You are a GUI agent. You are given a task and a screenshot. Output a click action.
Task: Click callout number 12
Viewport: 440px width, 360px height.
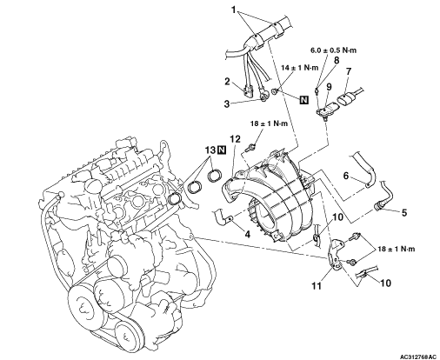(236, 139)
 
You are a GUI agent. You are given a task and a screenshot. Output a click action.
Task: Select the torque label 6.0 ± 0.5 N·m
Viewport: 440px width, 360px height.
(333, 50)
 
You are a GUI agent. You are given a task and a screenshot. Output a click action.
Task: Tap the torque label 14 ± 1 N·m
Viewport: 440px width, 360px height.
(299, 68)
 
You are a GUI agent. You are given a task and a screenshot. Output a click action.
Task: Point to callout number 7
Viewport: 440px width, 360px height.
(348, 71)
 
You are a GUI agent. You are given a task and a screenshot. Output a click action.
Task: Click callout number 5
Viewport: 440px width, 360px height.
(404, 212)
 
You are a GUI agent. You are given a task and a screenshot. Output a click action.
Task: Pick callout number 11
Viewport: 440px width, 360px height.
(317, 286)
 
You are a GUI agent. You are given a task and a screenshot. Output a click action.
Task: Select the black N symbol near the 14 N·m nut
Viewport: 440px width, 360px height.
(303, 100)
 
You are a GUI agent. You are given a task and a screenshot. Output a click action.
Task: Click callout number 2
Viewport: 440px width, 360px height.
(228, 82)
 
